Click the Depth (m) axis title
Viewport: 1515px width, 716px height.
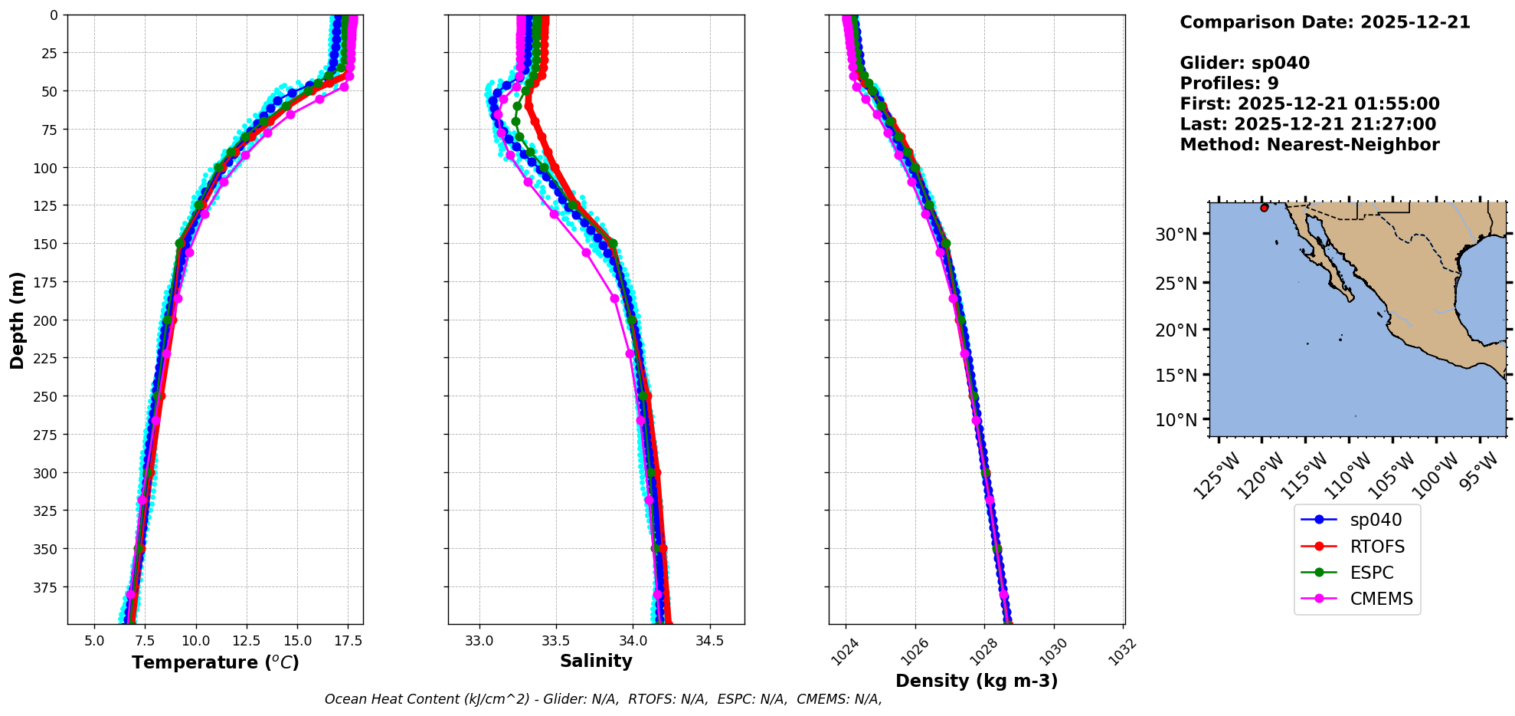[17, 320]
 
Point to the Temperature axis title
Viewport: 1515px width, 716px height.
[215, 662]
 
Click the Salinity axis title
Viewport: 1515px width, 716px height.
[596, 662]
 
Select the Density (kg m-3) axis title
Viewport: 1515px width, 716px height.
[977, 681]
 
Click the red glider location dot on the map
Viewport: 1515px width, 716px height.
[1264, 208]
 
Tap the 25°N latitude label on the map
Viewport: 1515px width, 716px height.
[1176, 284]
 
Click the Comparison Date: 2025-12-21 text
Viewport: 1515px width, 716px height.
[1324, 22]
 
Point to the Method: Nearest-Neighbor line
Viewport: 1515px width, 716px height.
[1309, 145]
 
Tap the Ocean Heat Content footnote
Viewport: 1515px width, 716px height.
[603, 699]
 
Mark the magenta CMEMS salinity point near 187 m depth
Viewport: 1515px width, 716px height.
[614, 298]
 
